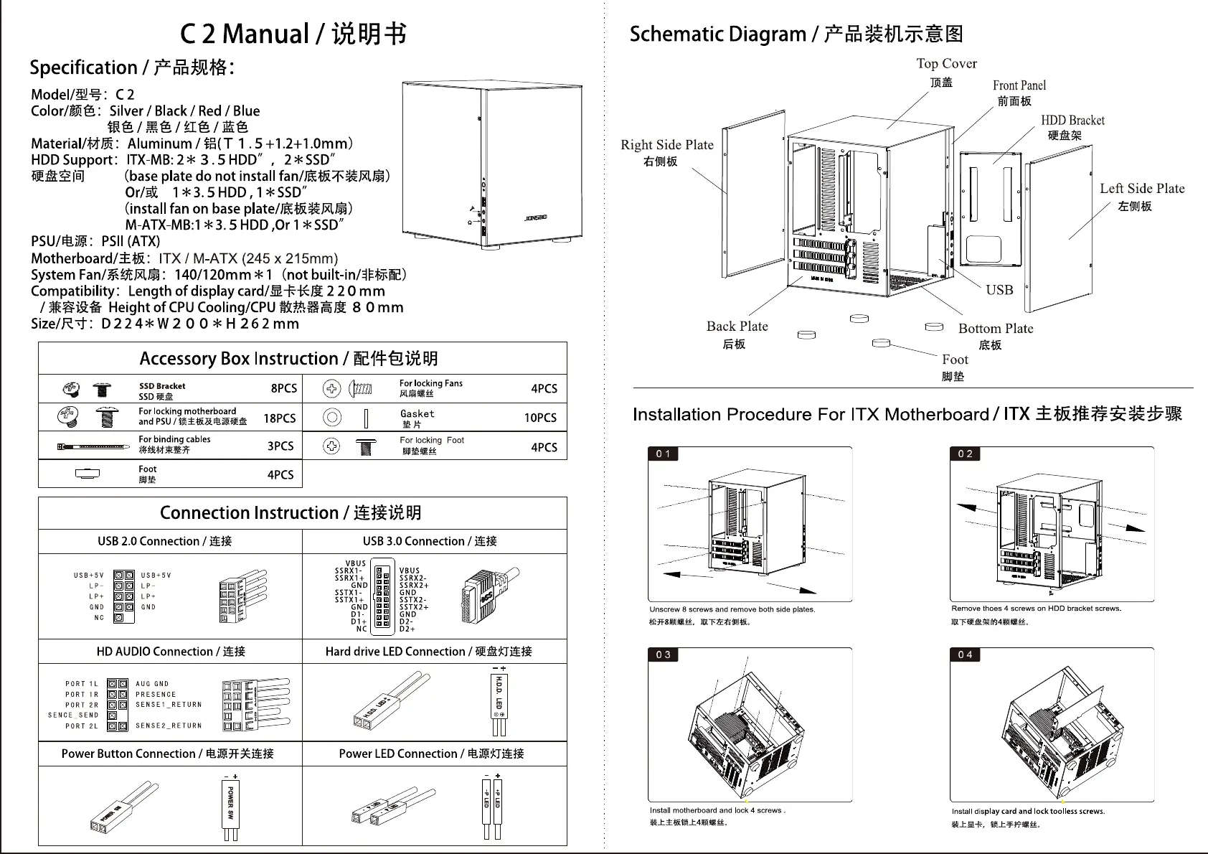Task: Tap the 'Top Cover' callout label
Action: (946, 64)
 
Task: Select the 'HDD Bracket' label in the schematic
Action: (1072, 121)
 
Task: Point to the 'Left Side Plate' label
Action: (1142, 189)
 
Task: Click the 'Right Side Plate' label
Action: (667, 145)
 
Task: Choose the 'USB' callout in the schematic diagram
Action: (999, 290)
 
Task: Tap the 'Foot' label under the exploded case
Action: (955, 360)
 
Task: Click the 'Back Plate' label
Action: (737, 327)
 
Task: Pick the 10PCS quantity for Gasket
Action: (540, 418)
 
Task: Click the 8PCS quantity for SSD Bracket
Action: (283, 388)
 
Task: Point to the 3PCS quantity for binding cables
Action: (280, 446)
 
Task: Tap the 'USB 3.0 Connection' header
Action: (430, 541)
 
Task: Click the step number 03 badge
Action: (664, 654)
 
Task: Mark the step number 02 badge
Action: (966, 454)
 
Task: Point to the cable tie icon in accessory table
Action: (94, 446)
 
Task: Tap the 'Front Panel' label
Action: (1019, 85)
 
